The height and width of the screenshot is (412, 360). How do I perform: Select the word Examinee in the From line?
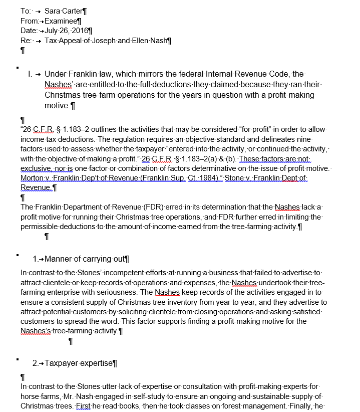tap(61, 21)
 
